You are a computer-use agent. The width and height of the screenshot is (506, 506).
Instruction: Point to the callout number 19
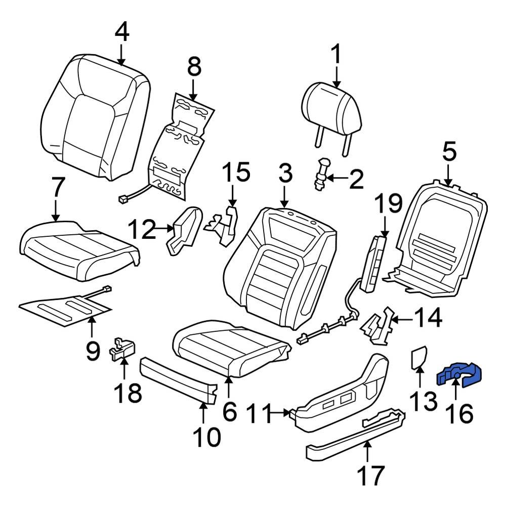tap(388, 204)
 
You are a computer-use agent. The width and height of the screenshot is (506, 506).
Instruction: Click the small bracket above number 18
tap(123, 349)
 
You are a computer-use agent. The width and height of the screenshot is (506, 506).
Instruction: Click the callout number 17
tap(371, 475)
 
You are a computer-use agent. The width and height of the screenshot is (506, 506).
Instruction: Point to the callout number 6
tap(229, 412)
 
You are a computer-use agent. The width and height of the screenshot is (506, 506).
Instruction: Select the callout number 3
tap(284, 174)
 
